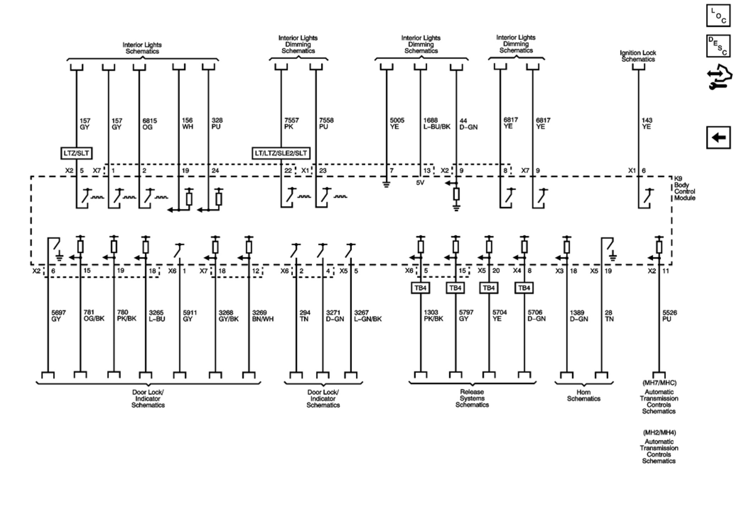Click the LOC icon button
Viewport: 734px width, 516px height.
point(718,15)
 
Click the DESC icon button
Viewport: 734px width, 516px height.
point(718,46)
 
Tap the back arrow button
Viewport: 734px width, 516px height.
point(718,137)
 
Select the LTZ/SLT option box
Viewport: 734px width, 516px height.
point(76,153)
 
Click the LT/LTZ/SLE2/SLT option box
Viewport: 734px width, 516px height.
point(281,153)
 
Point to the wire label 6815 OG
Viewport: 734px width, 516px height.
point(149,124)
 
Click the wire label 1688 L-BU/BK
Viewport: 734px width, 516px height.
point(437,123)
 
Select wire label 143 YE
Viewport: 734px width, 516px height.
point(647,123)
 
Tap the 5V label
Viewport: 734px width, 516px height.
point(420,183)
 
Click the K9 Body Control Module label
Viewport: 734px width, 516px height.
point(684,188)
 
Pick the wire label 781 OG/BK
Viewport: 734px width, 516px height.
point(94,315)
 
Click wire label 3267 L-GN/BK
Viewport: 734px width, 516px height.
point(368,315)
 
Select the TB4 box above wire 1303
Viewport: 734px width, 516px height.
point(420,288)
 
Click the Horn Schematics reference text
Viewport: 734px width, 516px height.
point(584,395)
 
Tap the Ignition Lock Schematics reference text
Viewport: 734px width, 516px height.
point(638,56)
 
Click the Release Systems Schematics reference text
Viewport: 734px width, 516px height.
point(472,398)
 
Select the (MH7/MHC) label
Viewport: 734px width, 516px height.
point(659,383)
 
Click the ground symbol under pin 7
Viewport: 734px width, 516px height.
point(386,184)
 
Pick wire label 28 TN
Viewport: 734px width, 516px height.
point(609,315)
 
